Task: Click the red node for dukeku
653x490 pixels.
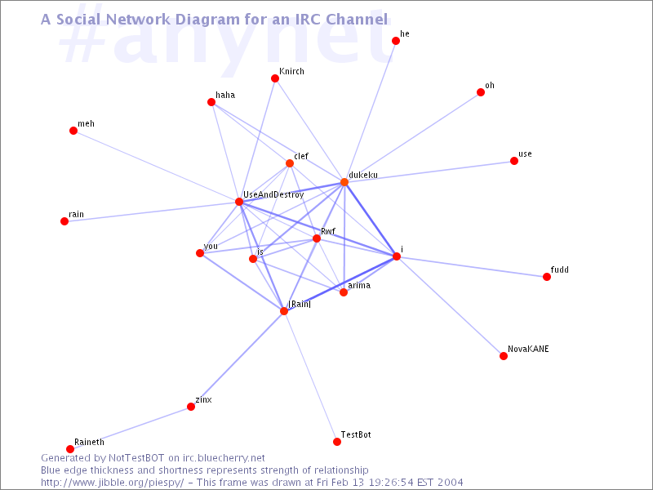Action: [344, 182]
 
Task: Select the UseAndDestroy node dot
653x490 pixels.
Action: [239, 202]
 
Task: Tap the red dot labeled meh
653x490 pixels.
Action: [73, 131]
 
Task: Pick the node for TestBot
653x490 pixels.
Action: [337, 442]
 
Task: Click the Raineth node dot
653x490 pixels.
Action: [70, 449]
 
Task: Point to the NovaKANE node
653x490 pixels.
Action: [504, 356]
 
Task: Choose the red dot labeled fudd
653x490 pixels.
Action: [547, 277]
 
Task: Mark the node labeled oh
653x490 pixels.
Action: [481, 92]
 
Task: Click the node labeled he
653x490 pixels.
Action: [396, 41]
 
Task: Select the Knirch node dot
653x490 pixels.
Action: [275, 78]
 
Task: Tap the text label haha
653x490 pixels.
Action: [225, 95]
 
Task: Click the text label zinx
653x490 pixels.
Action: [203, 399]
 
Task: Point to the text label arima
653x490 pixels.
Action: [359, 285]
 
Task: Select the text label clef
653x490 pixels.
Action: [301, 156]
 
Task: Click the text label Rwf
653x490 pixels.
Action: [328, 231]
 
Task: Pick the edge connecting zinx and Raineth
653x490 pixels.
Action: [131, 428]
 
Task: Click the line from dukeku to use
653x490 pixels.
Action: [429, 171]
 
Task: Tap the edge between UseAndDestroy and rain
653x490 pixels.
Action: [152, 212]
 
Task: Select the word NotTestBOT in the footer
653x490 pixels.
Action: [136, 458]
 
